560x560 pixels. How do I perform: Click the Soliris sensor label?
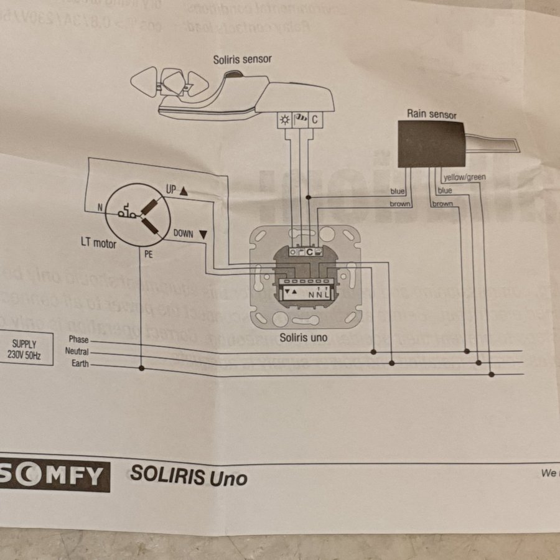tap(242, 60)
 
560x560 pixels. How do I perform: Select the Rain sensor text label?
tap(431, 114)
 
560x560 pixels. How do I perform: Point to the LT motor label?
tap(98, 243)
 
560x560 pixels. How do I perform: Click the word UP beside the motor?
tap(171, 190)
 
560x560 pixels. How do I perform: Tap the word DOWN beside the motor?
tap(184, 234)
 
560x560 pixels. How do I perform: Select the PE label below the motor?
tap(148, 254)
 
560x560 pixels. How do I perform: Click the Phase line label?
tap(79, 339)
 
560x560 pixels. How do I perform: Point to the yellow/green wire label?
tap(464, 177)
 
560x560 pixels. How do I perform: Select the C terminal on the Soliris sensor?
tap(315, 119)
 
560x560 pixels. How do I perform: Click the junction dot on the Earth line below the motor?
tap(142, 368)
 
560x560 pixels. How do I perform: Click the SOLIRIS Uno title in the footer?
tap(189, 477)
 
